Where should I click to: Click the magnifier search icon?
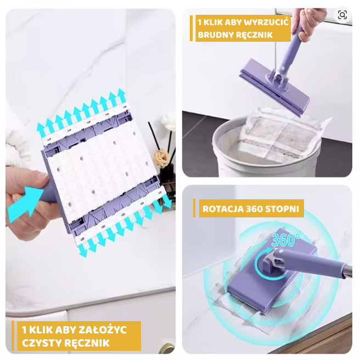[x=342, y=15]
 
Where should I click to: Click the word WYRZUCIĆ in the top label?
[x=266, y=23]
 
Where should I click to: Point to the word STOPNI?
[x=282, y=209]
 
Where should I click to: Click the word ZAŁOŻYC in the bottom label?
[x=103, y=329]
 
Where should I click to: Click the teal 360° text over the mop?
[x=285, y=239]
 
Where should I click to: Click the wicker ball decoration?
[x=161, y=158]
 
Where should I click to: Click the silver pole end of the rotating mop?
[x=347, y=271]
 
